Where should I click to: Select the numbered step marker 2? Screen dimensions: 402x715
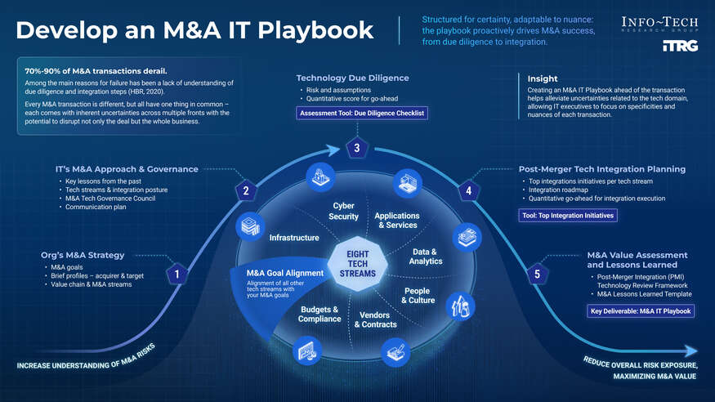tap(246, 192)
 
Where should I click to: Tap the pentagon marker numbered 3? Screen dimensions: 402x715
tap(356, 148)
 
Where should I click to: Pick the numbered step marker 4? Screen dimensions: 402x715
tap(468, 192)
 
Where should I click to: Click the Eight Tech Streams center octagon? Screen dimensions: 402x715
tap(357, 264)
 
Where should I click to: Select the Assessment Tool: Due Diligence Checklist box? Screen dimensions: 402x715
tap(362, 113)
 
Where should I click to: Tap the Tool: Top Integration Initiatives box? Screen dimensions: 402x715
tap(568, 216)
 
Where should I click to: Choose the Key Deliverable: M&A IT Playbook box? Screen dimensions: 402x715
tap(641, 311)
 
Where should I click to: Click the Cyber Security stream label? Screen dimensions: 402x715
tap(343, 211)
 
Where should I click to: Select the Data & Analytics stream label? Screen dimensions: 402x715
tap(426, 257)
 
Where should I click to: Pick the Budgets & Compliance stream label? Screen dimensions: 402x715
tap(320, 314)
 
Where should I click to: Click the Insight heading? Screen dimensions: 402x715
tap(543, 78)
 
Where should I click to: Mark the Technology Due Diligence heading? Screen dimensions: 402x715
tap(352, 78)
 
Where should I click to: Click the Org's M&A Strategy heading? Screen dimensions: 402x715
tap(83, 254)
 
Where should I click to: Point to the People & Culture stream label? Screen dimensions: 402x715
tap(417, 296)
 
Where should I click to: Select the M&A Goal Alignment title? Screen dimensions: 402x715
tap(285, 273)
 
